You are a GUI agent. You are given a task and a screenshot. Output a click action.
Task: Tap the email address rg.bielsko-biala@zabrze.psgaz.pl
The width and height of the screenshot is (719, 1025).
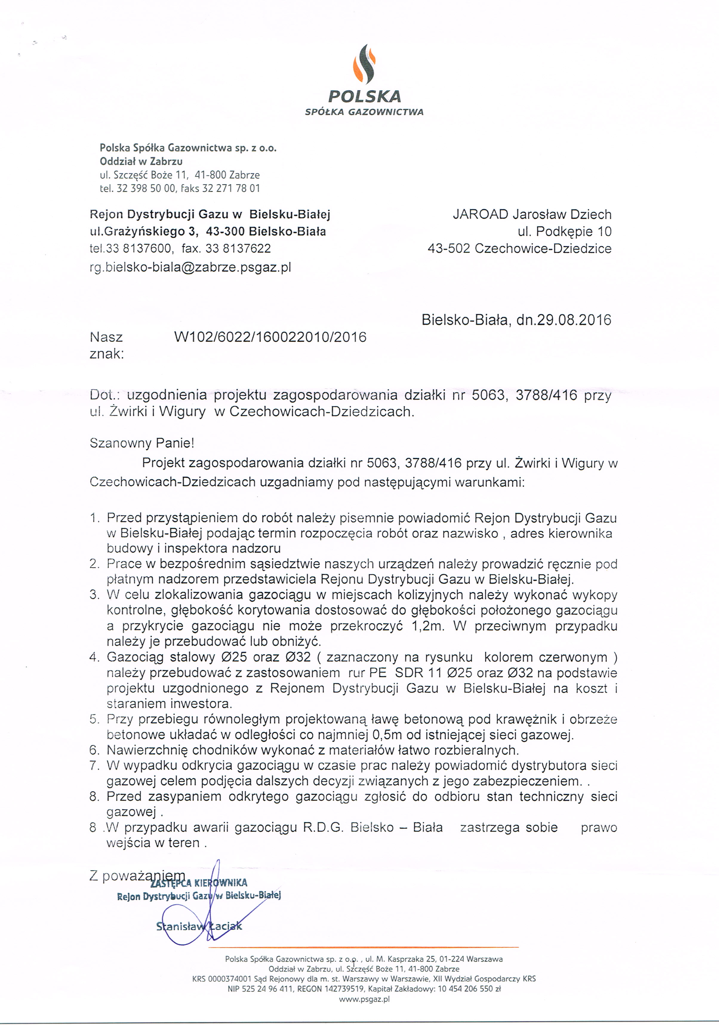pos(190,267)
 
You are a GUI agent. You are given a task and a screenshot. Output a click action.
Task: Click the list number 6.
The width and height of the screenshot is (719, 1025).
pos(94,750)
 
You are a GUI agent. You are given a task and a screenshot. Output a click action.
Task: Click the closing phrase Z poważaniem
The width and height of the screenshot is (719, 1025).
pos(137,876)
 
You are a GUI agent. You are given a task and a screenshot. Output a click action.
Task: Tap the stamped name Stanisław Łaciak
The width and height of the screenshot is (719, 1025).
pos(199,926)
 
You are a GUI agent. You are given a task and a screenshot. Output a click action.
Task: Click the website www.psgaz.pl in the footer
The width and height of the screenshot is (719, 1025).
pos(364,999)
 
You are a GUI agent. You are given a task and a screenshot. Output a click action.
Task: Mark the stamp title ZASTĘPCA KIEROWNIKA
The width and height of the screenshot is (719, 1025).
pos(199,883)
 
